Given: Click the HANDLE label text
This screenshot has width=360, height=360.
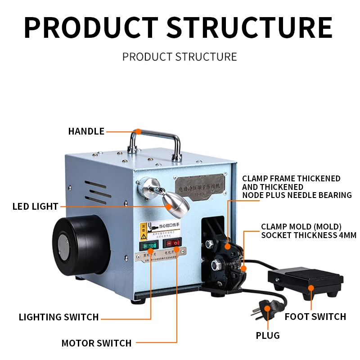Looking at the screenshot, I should click(86, 131).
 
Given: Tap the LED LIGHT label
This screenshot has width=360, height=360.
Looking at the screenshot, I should click(35, 207).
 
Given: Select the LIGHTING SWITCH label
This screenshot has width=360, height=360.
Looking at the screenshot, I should click(58, 317).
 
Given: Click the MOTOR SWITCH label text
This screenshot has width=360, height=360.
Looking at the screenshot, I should click(96, 343).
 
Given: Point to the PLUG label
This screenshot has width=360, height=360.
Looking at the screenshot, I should click(268, 335).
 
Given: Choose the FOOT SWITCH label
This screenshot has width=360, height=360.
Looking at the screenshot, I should click(315, 317).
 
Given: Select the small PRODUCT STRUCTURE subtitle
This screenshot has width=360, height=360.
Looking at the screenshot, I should click(180, 57).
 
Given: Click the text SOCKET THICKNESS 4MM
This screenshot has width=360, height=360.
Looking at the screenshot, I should click(309, 235).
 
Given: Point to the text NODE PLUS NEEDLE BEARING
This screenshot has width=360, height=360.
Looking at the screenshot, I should click(297, 195).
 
